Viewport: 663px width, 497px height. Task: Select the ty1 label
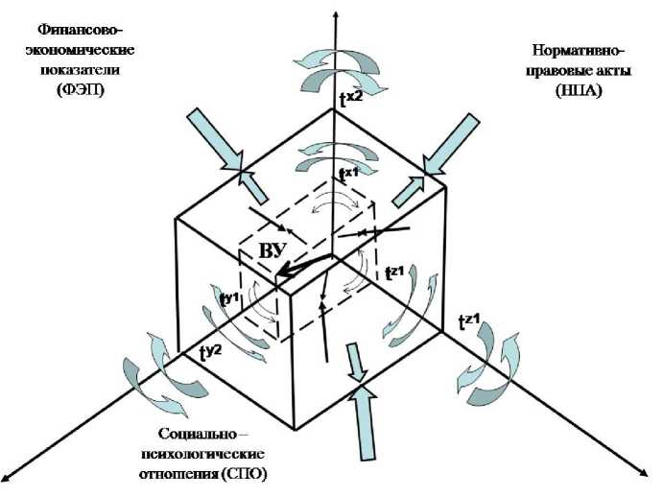pyautogui.click(x=229, y=298)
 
